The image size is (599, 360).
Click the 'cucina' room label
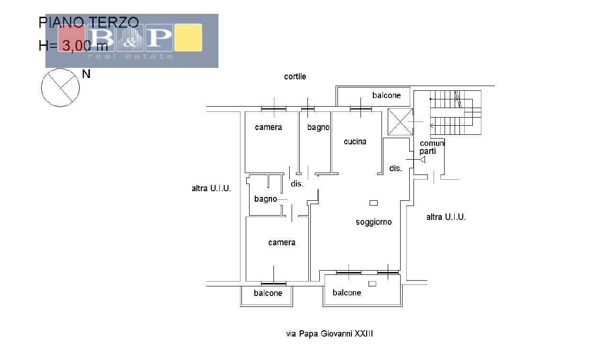click(x=355, y=142)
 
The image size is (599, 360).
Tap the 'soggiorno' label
click(x=373, y=222)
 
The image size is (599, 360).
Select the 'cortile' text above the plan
click(x=295, y=76)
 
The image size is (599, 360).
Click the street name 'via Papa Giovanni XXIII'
click(x=329, y=334)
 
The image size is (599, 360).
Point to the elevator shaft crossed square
click(x=400, y=122)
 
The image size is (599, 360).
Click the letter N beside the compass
click(x=86, y=74)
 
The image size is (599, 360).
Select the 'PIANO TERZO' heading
click(x=88, y=22)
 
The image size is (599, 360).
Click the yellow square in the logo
click(x=188, y=37)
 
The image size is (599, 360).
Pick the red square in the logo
click(x=71, y=38)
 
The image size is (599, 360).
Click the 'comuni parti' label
click(x=432, y=147)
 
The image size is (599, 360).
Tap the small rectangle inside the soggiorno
click(x=373, y=203)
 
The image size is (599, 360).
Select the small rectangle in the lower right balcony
click(x=372, y=284)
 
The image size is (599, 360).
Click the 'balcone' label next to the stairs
click(x=386, y=95)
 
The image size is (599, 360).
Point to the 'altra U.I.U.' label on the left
click(x=211, y=188)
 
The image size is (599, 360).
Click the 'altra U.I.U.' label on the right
click(x=446, y=217)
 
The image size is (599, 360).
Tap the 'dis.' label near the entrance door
click(x=395, y=168)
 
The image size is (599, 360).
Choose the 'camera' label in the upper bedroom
click(x=269, y=127)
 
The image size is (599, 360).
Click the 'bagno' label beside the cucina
click(x=318, y=127)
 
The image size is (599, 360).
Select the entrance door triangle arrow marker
click(x=423, y=160)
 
